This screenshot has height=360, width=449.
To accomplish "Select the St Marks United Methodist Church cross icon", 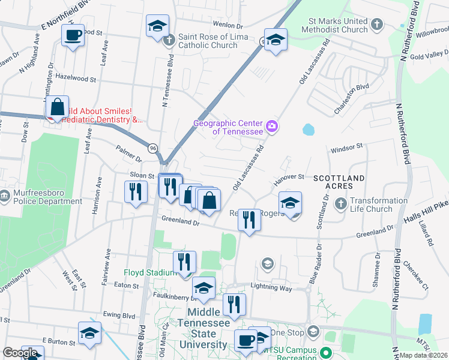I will (376, 25).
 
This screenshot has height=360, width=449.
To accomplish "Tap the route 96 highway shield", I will (154, 148).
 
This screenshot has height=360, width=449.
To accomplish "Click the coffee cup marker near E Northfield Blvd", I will (73, 35).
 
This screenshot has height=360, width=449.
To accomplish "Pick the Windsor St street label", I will (347, 146).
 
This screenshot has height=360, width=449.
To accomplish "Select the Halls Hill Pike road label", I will (427, 205).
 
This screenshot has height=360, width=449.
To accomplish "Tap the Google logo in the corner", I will (20, 353).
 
